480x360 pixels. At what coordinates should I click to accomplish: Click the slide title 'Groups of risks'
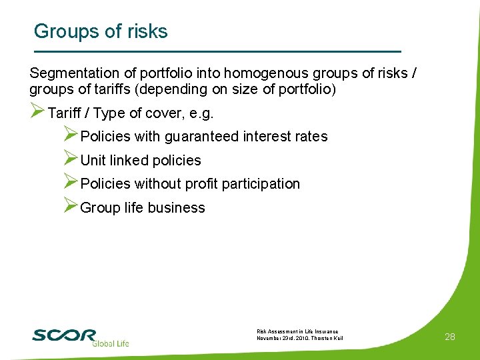(101, 31)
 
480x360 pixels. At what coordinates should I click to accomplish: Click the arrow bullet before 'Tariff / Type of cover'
(37, 111)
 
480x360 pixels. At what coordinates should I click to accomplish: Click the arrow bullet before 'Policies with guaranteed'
(71, 135)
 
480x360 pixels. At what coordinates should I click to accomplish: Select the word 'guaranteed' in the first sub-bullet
(200, 137)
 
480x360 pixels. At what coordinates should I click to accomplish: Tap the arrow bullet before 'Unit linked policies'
(71, 159)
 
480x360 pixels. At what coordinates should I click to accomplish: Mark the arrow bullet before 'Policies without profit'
(71, 182)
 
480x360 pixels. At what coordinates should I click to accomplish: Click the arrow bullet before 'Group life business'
(71, 206)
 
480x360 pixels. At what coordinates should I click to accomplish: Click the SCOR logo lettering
(64, 335)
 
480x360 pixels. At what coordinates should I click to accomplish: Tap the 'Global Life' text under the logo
(110, 343)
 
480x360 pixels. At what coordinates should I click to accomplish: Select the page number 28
(450, 337)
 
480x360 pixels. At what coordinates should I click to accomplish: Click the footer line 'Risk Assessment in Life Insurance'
(297, 331)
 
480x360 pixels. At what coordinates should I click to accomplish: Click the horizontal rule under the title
(217, 51)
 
